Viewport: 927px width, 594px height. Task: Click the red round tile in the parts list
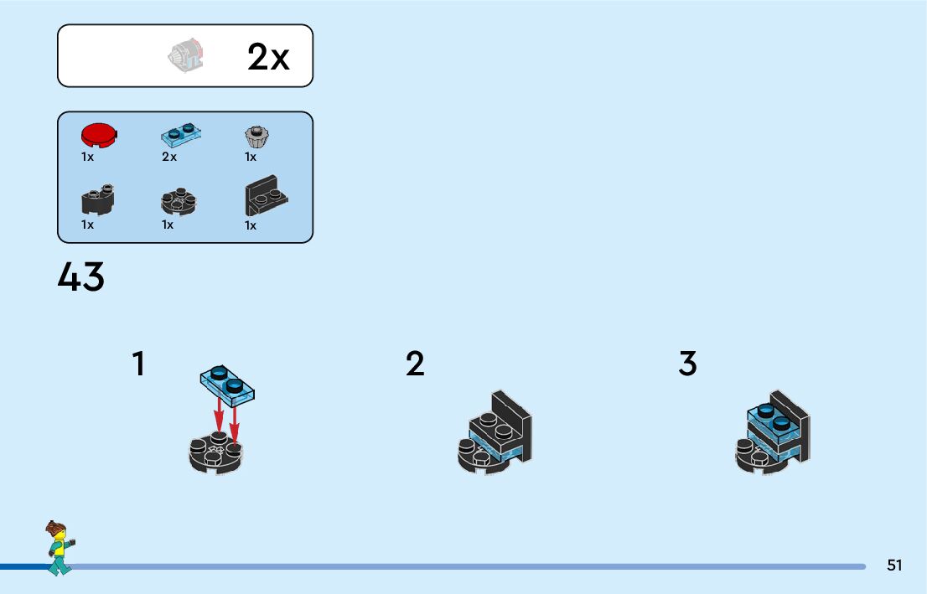click(99, 135)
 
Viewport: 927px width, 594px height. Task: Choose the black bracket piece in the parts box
click(266, 199)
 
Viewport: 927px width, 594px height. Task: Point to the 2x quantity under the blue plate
click(169, 157)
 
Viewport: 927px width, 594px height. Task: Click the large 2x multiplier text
click(268, 57)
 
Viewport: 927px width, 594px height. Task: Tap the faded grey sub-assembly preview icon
click(187, 56)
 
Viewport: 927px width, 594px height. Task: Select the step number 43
click(81, 277)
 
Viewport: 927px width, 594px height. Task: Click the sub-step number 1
click(138, 364)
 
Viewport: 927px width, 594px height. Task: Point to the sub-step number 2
click(415, 364)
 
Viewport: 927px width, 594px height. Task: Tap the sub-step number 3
click(687, 364)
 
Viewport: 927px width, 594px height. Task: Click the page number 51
click(894, 565)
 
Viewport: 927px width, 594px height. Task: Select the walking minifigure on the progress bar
click(59, 548)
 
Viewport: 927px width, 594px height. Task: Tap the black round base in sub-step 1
click(216, 453)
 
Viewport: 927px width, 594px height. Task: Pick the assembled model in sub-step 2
click(495, 436)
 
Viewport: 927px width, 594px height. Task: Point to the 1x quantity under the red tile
click(87, 157)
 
